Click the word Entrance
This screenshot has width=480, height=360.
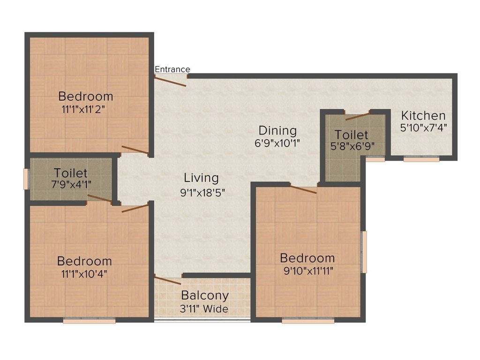click(x=172, y=69)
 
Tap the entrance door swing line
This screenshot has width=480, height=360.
click(x=171, y=81)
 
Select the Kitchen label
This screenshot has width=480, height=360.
click(x=423, y=115)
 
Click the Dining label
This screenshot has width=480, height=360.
click(x=278, y=130)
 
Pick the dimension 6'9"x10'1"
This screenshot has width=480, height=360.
click(x=278, y=142)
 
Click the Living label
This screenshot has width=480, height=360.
click(x=201, y=178)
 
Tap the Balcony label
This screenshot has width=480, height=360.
click(x=205, y=296)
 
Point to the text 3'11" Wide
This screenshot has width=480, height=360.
click(x=205, y=309)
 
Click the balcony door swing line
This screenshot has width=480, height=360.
click(x=167, y=280)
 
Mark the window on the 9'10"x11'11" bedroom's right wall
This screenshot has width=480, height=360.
click(x=364, y=252)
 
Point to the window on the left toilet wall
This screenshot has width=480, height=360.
click(x=27, y=178)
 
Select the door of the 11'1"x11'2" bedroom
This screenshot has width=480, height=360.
click(x=135, y=150)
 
